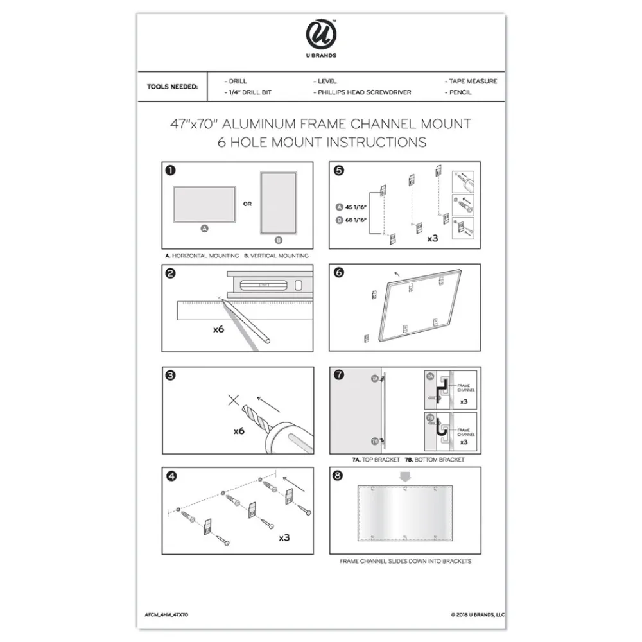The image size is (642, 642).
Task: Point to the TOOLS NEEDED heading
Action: click(x=172, y=87)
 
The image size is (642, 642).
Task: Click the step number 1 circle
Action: click(x=171, y=171)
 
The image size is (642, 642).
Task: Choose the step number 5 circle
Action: click(x=339, y=171)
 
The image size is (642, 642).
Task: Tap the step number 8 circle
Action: click(x=339, y=476)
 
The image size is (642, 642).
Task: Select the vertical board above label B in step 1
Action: click(x=277, y=202)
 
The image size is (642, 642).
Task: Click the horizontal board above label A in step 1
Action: click(x=204, y=205)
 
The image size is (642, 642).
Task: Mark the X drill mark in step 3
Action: click(x=233, y=401)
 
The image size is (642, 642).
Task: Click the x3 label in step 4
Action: click(x=284, y=537)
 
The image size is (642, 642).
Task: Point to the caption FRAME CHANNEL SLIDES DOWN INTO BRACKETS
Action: click(x=405, y=561)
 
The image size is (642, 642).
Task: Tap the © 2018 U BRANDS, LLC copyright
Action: click(x=478, y=614)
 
